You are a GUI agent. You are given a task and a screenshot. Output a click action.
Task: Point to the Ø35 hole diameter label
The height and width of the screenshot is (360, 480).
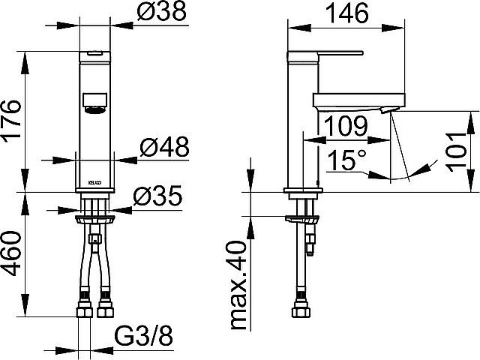click(x=158, y=196)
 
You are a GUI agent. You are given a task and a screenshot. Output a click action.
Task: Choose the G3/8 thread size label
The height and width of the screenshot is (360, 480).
click(x=144, y=338)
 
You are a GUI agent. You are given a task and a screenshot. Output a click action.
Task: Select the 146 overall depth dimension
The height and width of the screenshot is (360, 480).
click(x=347, y=14)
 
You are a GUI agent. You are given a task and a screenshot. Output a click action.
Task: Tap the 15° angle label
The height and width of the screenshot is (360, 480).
click(x=347, y=160)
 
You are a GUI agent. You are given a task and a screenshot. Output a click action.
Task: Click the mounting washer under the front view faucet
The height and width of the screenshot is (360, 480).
click(x=94, y=219)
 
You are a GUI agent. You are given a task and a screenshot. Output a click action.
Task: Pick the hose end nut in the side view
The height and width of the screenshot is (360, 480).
click(x=303, y=309)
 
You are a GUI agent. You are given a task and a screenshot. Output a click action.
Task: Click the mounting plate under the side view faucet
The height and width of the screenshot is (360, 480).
click(x=304, y=219)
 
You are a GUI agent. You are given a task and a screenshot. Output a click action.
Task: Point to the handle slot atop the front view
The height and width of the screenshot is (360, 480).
click(x=94, y=55)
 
